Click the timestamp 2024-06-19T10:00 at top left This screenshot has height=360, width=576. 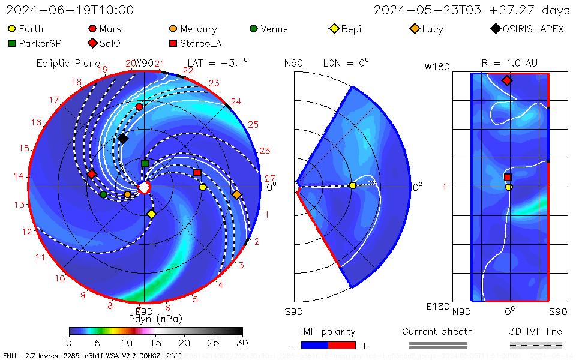[x=70, y=10]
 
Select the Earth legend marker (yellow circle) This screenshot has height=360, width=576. [x=12, y=29]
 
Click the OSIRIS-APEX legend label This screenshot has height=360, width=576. [x=533, y=29]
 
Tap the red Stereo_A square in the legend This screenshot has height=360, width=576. [x=173, y=43]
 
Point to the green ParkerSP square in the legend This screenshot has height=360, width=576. [x=12, y=43]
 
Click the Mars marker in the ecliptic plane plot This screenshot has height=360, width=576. [x=140, y=107]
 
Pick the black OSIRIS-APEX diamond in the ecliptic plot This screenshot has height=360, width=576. [x=122, y=139]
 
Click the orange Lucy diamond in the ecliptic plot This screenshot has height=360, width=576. [x=236, y=195]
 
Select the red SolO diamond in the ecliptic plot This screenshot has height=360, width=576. [x=92, y=174]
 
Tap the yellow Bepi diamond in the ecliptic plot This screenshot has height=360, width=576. [x=152, y=214]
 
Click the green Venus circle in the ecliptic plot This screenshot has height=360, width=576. [x=104, y=194]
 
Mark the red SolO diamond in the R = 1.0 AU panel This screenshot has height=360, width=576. [x=507, y=80]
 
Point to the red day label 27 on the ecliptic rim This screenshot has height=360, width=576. [x=269, y=179]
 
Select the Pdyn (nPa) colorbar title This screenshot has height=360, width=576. [x=155, y=319]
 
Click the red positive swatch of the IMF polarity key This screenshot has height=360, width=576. [x=342, y=345]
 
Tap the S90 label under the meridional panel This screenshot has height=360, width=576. [x=293, y=312]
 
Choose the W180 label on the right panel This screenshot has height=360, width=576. [x=437, y=67]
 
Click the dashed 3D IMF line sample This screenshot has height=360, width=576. [x=536, y=345]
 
